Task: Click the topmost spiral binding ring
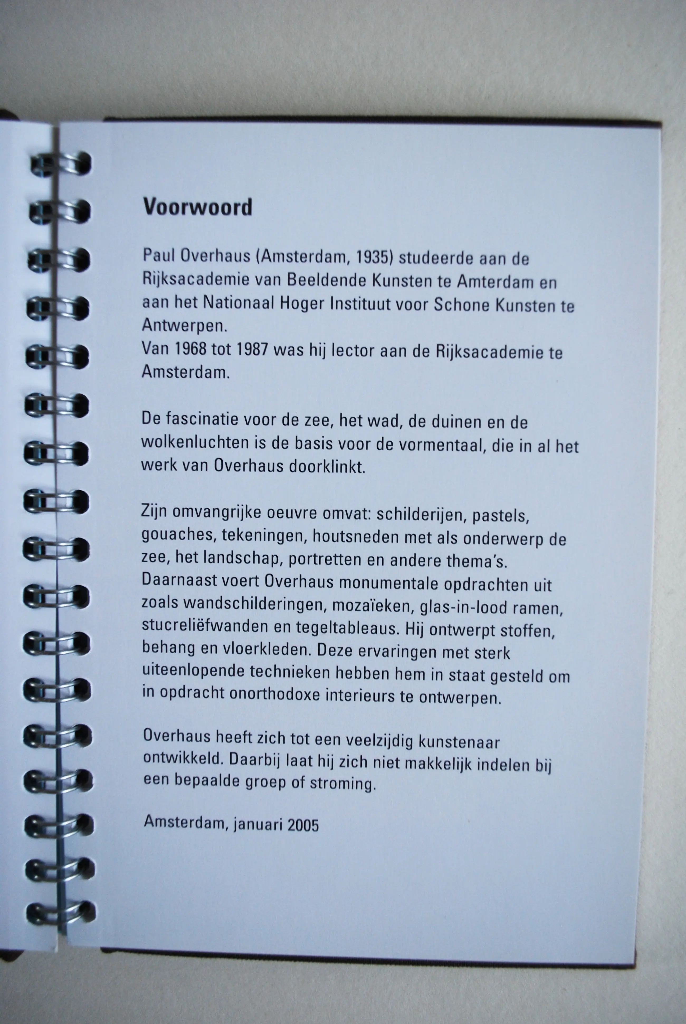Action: [x=61, y=164]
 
